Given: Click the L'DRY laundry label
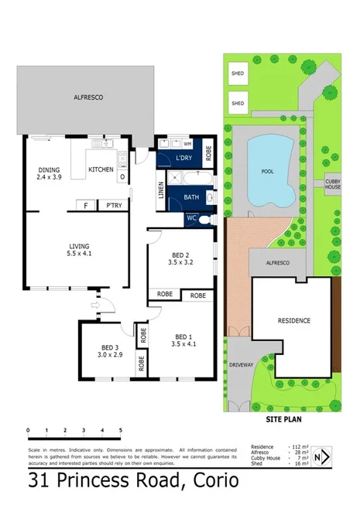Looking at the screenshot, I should pyautogui.click(x=184, y=158).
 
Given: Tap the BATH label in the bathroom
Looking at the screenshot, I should pyautogui.click(x=191, y=197).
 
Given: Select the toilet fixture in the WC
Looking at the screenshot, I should pyautogui.click(x=204, y=219).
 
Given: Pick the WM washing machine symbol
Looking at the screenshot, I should pyautogui.click(x=187, y=143).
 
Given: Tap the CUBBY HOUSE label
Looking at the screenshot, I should pyautogui.click(x=333, y=184).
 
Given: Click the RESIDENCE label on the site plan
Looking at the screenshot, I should pyautogui.click(x=294, y=320).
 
